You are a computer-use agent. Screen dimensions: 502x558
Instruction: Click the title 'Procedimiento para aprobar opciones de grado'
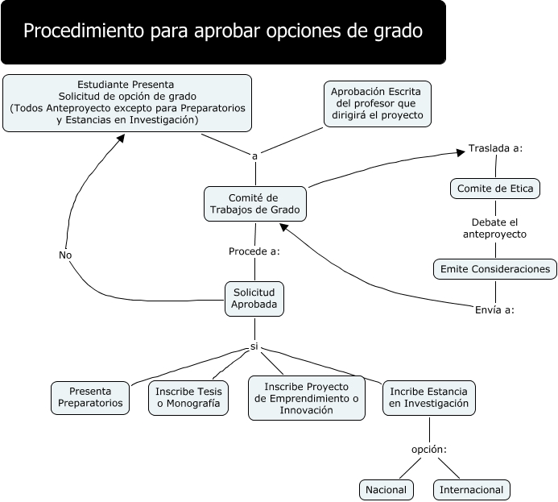(223, 32)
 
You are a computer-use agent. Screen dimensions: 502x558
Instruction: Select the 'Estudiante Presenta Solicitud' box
(127, 102)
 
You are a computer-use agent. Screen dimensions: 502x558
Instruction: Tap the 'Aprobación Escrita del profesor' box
(378, 103)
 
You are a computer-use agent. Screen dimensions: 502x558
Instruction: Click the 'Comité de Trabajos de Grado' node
(254, 204)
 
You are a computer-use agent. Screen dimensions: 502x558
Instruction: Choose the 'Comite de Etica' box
(494, 189)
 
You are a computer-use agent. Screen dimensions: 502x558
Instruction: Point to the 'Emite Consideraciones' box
(494, 268)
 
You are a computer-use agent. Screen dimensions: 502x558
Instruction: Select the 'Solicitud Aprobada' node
(254, 298)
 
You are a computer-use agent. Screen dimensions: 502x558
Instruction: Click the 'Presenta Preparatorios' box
(90, 396)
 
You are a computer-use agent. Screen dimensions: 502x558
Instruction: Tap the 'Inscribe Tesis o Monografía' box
(188, 396)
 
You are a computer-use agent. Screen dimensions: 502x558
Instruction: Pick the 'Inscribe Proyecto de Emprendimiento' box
(306, 398)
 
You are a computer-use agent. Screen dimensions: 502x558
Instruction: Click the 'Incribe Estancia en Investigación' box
(428, 396)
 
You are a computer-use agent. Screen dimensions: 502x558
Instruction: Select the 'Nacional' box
(386, 489)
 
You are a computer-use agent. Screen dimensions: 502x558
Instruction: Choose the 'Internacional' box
(471, 489)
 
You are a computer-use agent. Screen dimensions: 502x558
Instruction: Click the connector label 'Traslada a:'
(495, 148)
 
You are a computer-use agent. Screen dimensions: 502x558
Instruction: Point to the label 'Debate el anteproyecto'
(494, 228)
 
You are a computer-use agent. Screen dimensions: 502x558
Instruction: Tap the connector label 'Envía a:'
(494, 309)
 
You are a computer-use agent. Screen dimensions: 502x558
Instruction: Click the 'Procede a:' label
(254, 251)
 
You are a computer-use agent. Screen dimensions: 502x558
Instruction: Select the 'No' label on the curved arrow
(65, 255)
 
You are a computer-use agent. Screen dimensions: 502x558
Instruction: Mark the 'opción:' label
(428, 449)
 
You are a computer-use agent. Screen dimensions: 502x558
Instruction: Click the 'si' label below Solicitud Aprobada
(254, 346)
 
